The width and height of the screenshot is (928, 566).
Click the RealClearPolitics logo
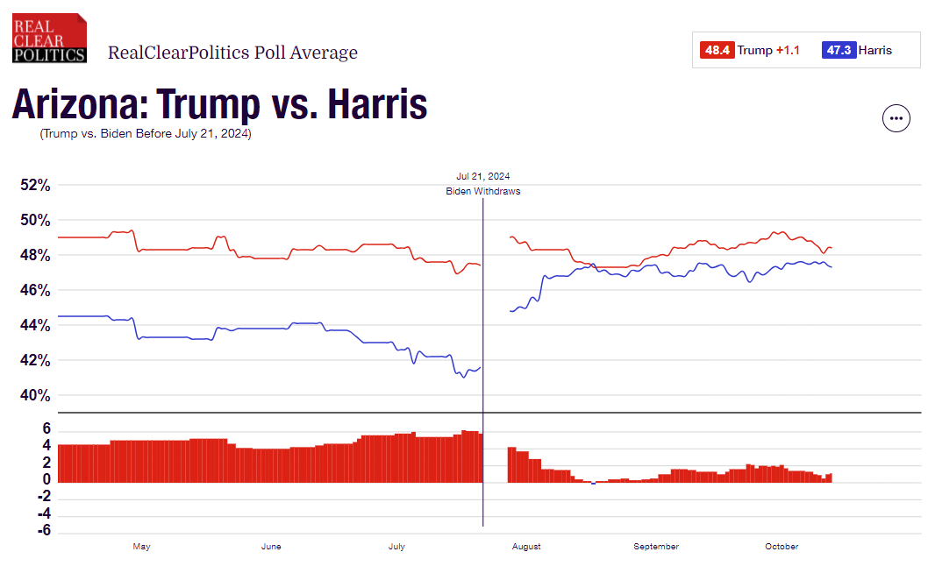(49, 38)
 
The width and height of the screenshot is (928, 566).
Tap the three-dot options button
(896, 117)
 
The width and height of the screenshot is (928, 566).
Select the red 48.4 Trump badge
(716, 50)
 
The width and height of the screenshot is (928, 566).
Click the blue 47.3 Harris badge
(838, 50)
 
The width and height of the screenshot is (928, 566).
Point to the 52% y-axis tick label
(35, 186)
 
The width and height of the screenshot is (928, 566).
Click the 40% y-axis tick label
(35, 395)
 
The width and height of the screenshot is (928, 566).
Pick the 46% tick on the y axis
(35, 291)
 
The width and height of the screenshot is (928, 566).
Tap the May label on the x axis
(141, 547)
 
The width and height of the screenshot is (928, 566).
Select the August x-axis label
(525, 547)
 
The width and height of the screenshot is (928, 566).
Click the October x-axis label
(781, 547)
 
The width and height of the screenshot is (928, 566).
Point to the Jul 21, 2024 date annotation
(482, 176)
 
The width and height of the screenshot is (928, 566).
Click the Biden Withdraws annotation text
(482, 191)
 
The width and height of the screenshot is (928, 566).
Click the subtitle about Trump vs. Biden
(145, 134)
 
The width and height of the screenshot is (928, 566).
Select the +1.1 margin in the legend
(788, 50)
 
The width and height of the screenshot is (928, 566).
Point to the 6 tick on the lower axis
(46, 429)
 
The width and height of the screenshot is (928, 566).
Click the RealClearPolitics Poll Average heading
(232, 53)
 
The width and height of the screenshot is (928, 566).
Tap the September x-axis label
(655, 547)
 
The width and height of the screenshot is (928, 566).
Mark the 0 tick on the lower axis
(46, 480)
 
